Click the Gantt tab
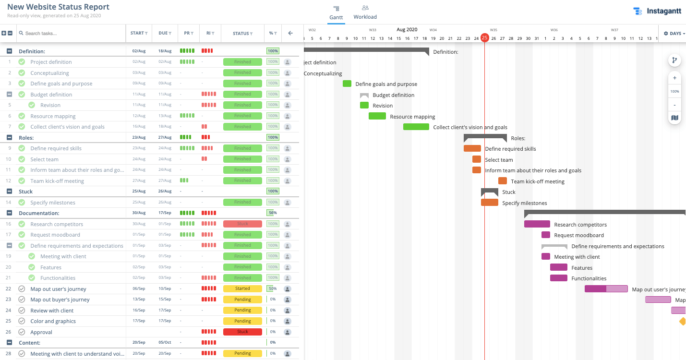pos(336,12)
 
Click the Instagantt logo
pos(657,11)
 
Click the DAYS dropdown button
pos(674,34)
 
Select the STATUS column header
pos(242,34)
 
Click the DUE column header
pos(165,33)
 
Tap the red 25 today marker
pos(484,38)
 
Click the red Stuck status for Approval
pos(242,332)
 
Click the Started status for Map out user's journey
pos(242,288)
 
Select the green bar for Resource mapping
pos(377,116)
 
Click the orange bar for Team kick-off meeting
pos(502,181)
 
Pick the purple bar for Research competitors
pos(537,224)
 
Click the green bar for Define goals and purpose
pos(347,84)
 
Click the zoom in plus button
pos(674,78)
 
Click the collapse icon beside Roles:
pos(9,137)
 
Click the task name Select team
pos(44,159)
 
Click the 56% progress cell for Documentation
pos(272,213)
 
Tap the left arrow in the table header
pos(290,33)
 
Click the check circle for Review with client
pos(22,310)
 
